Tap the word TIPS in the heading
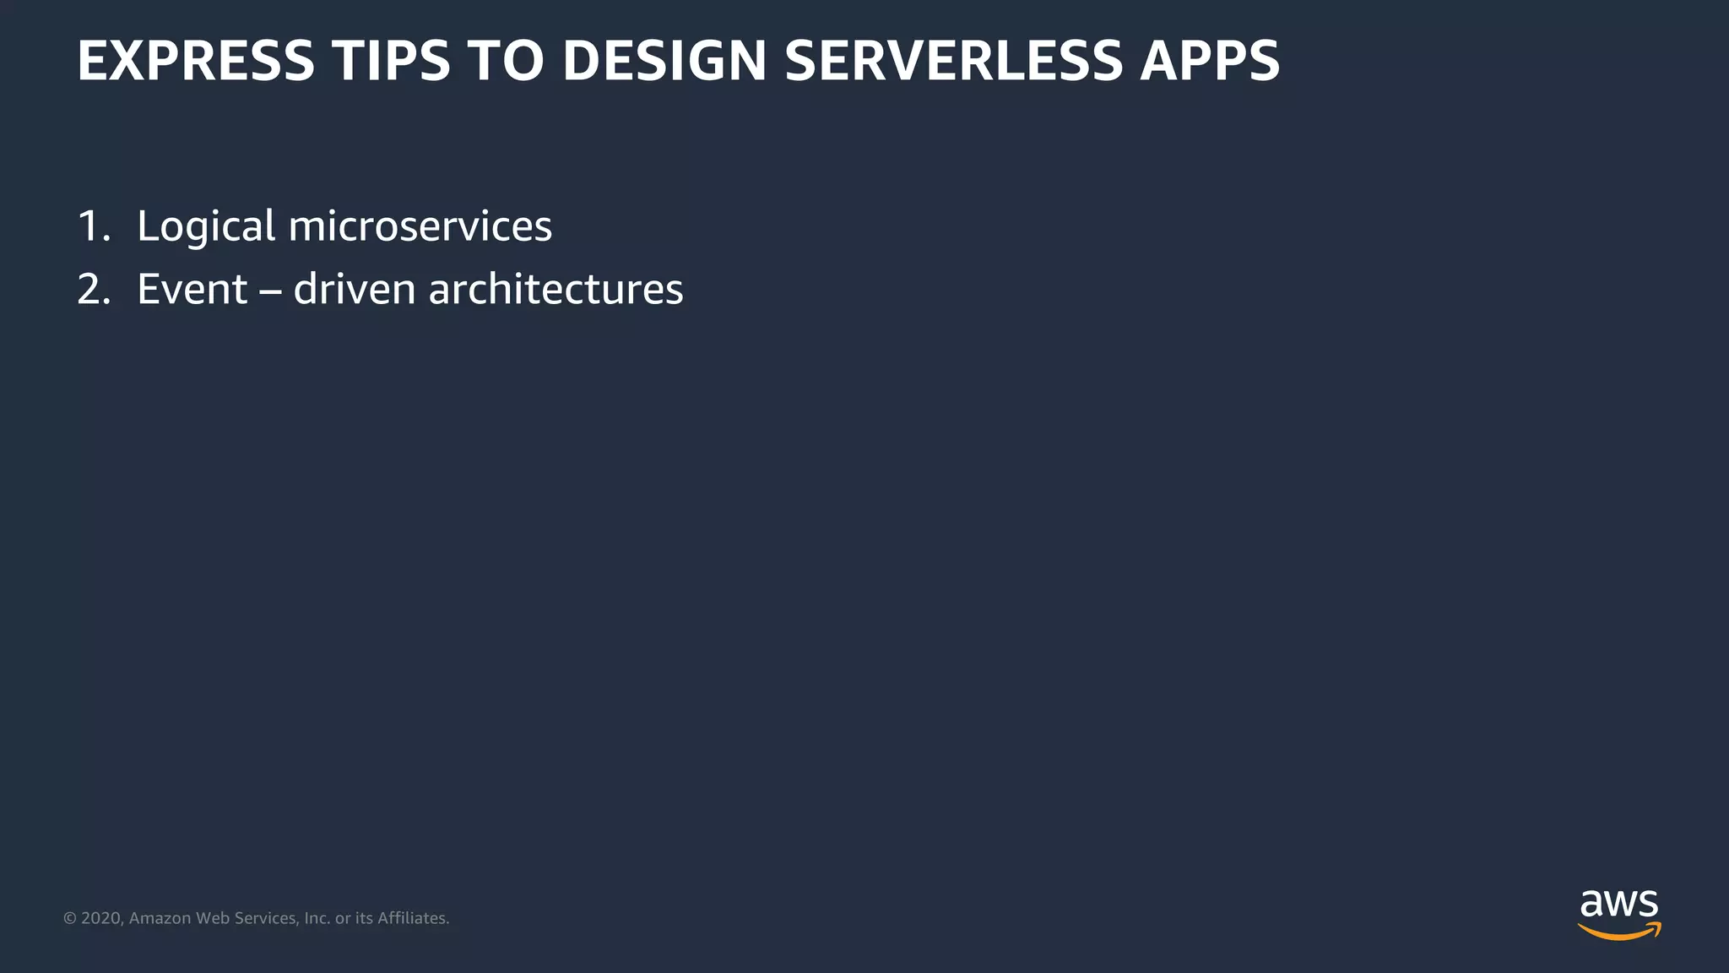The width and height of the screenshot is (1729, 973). point(391,61)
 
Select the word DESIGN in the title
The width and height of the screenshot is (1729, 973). point(664,61)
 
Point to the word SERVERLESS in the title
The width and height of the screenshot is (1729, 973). point(954,61)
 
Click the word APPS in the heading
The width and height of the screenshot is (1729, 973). point(1210,61)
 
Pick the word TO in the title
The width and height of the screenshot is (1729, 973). point(506,61)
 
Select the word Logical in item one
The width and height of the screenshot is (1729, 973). point(206,226)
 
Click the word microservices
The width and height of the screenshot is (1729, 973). point(420,226)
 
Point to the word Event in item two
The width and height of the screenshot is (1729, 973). point(192,290)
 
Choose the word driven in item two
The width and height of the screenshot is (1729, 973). point(355,290)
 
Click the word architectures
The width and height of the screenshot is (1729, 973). point(556,290)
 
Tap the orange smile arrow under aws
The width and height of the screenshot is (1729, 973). point(1618,932)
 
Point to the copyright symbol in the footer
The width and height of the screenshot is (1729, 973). point(70,918)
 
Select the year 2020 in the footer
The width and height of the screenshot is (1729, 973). point(101,918)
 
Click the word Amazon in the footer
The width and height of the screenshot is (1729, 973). point(160,918)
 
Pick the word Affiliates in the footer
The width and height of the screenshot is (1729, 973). point(413,918)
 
